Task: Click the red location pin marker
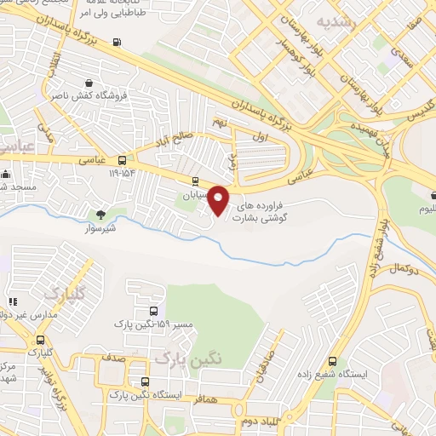click(219, 201)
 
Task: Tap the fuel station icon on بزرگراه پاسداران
click(116, 41)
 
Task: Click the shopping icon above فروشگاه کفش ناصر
click(89, 83)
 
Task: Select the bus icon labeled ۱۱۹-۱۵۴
click(123, 160)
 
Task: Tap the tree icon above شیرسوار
click(101, 214)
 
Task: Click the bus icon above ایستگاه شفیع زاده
click(332, 360)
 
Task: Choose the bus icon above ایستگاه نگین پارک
click(145, 382)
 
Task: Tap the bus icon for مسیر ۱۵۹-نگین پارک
click(152, 311)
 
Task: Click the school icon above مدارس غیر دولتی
click(13, 301)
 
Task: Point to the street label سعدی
click(399, 53)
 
